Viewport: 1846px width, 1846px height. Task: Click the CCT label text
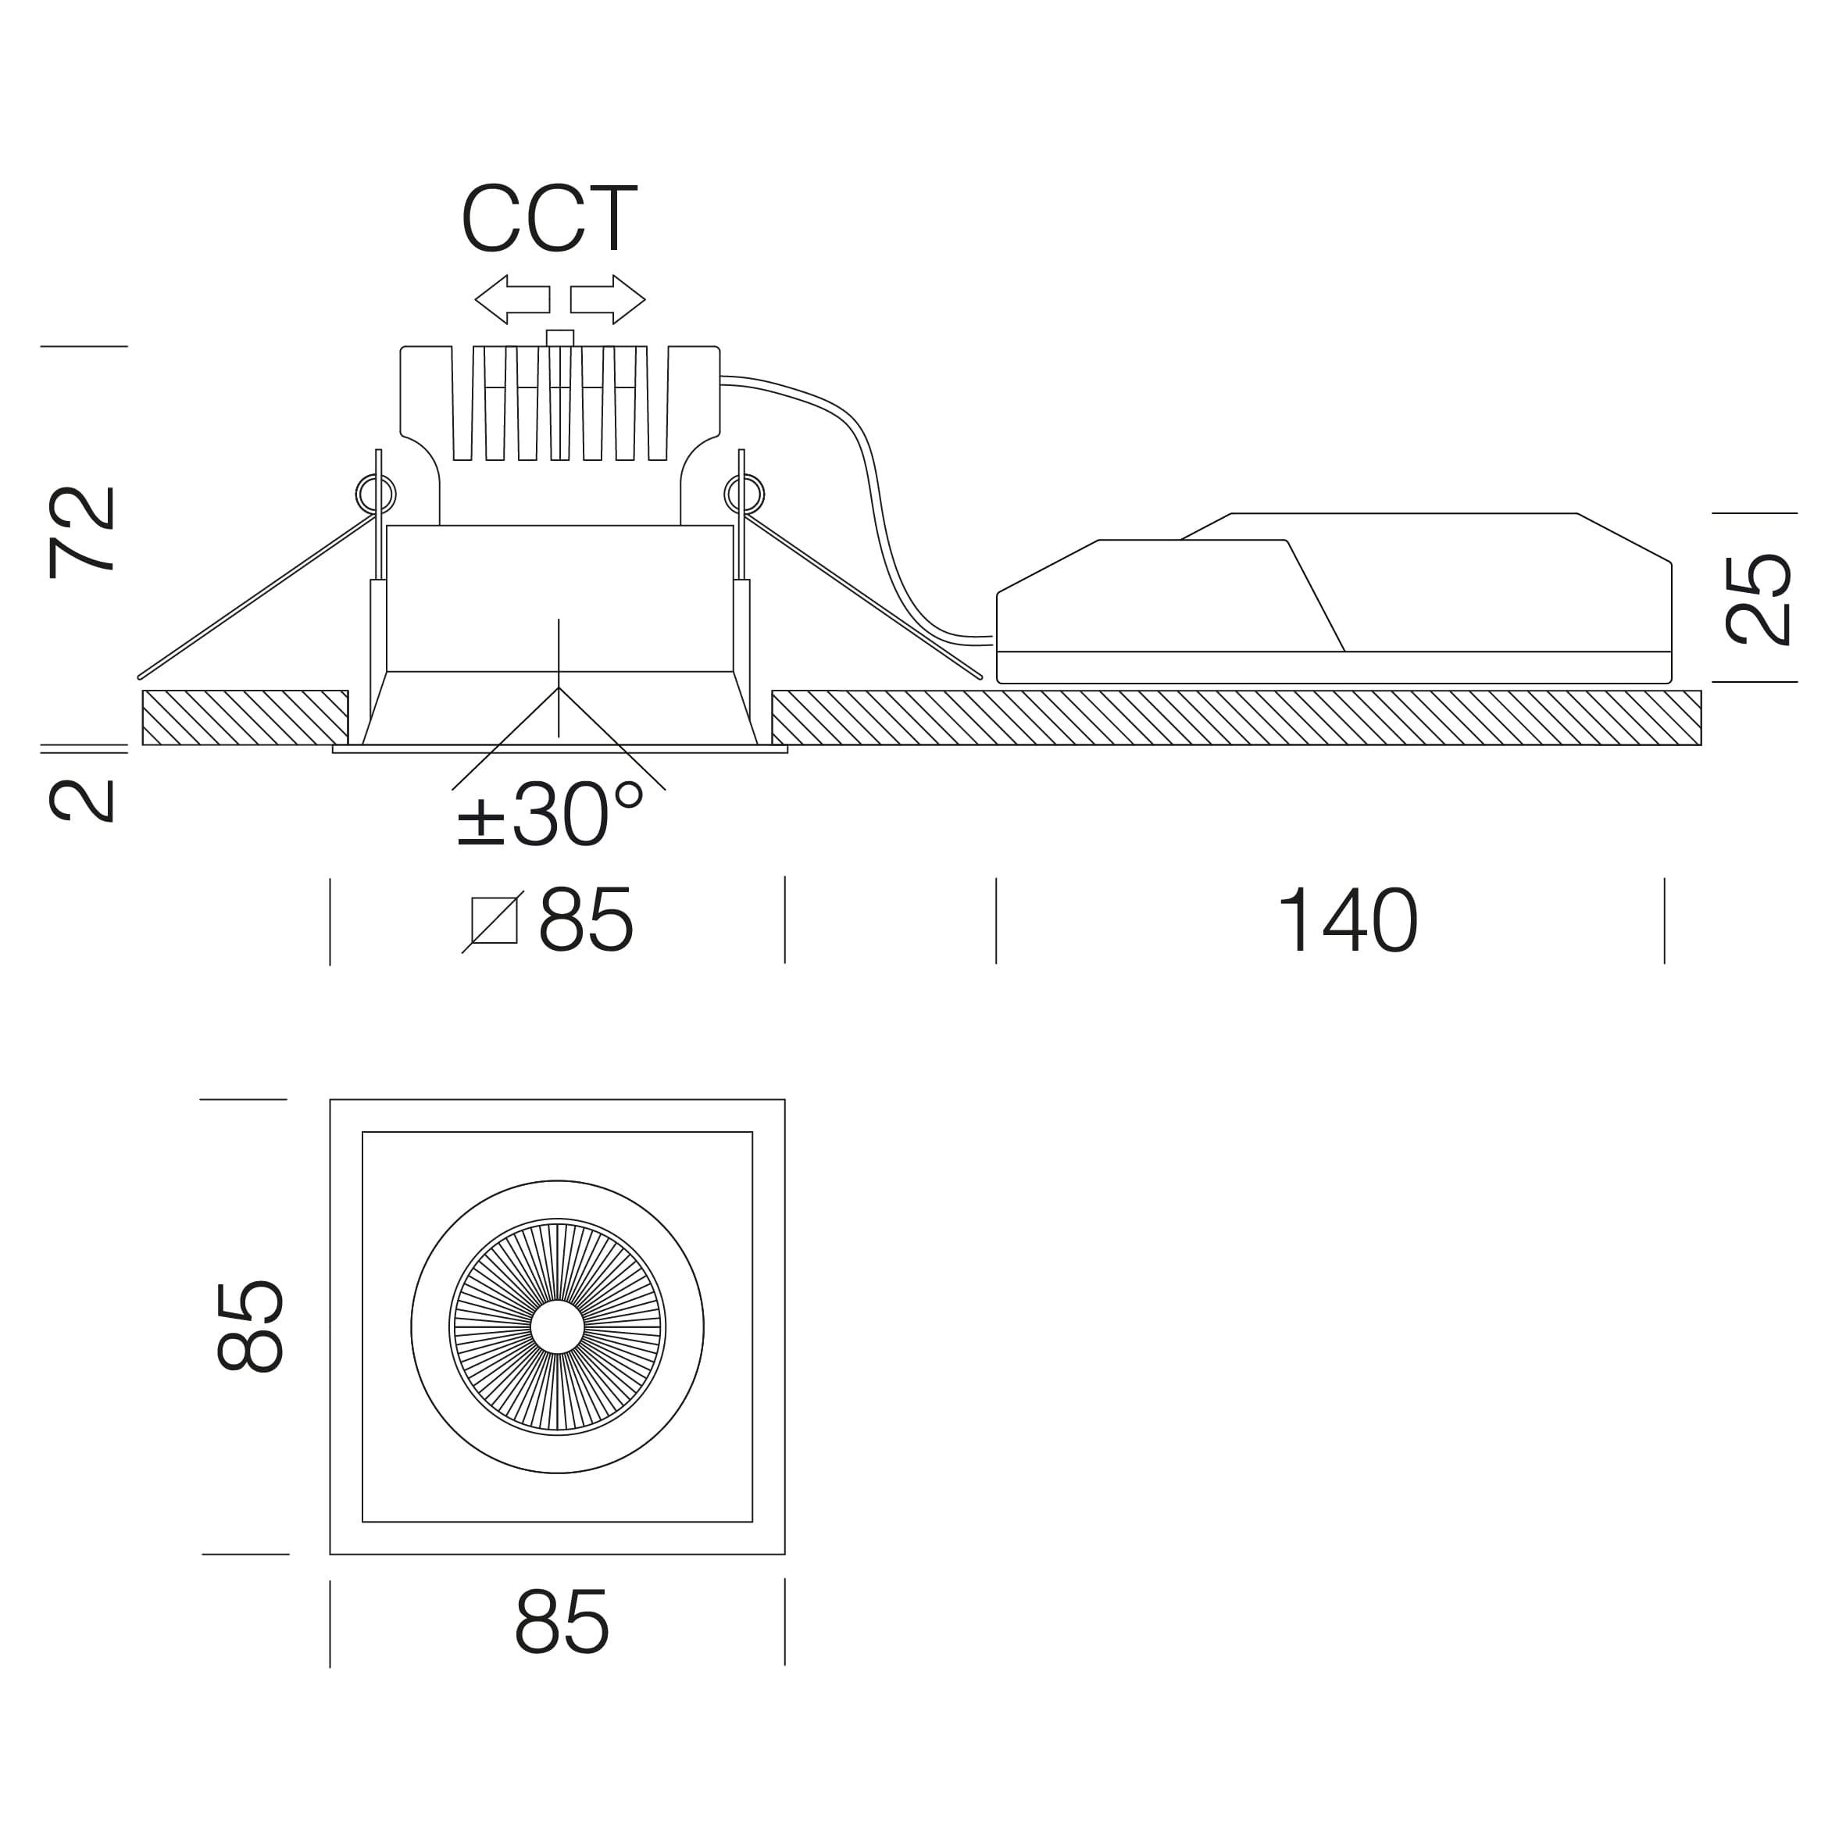pyautogui.click(x=548, y=219)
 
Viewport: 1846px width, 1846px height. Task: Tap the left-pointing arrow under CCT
pyautogui.click(x=512, y=299)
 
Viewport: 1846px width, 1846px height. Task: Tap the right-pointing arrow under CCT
pyautogui.click(x=608, y=299)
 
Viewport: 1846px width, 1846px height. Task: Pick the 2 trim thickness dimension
pyautogui.click(x=82, y=801)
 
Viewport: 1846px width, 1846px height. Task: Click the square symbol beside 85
pyautogui.click(x=494, y=921)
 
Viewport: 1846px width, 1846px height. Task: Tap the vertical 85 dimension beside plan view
pyautogui.click(x=250, y=1327)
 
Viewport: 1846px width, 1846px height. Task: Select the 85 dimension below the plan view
pyautogui.click(x=561, y=1622)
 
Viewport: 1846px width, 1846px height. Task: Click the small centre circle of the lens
pyautogui.click(x=557, y=1327)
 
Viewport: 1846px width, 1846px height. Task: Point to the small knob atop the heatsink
pyautogui.click(x=560, y=337)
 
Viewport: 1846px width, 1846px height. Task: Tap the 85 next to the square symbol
pyautogui.click(x=586, y=920)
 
